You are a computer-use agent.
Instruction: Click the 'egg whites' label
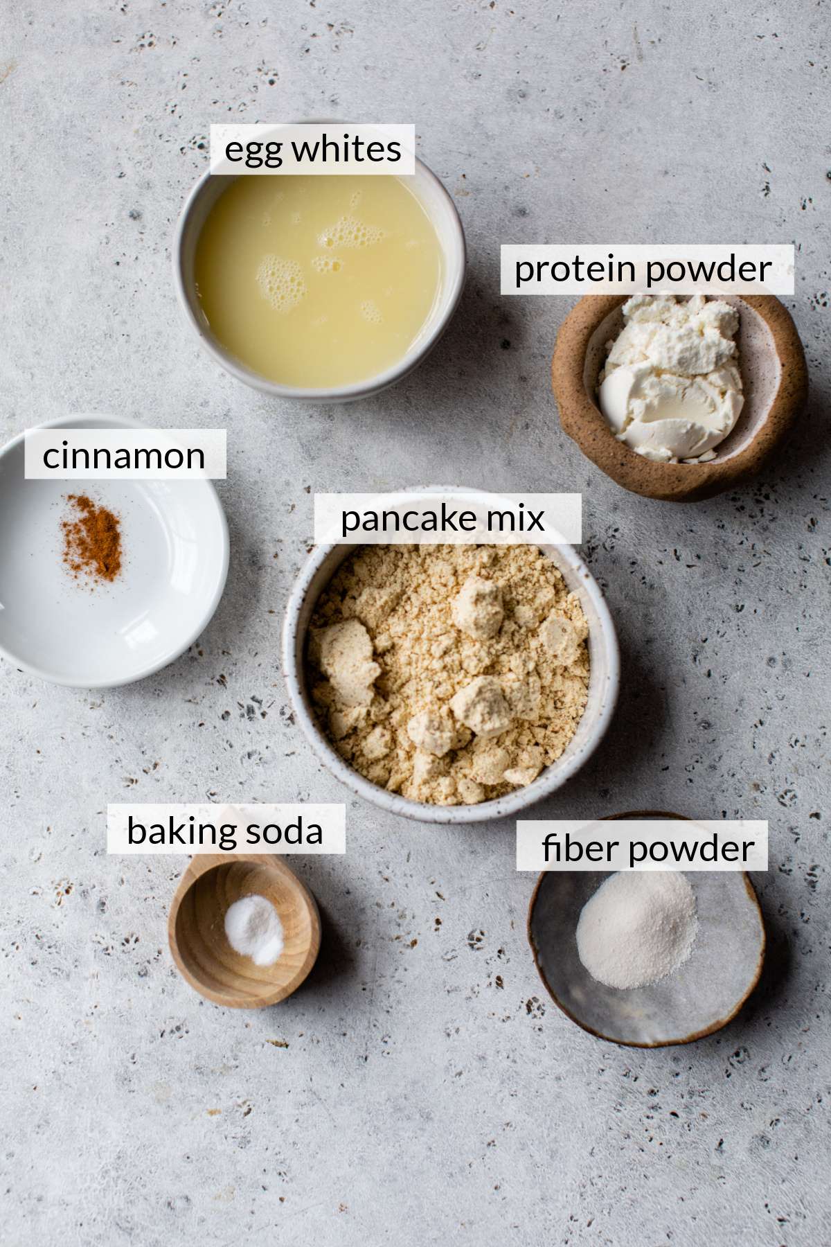coord(312,150)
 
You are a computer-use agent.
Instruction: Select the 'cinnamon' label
coord(125,455)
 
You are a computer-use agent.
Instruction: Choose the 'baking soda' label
coord(225,831)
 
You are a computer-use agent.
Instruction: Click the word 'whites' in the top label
coord(346,150)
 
